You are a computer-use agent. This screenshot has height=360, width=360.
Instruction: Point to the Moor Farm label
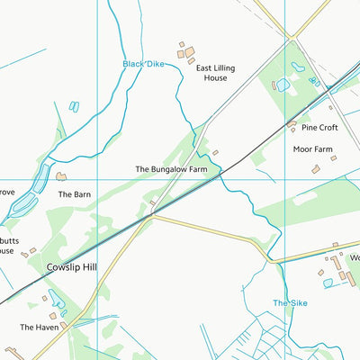click(312, 148)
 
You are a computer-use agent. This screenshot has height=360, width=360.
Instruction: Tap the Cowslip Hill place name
click(73, 267)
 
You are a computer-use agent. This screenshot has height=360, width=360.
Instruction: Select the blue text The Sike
click(290, 303)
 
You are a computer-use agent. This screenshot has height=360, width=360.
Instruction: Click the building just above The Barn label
click(61, 177)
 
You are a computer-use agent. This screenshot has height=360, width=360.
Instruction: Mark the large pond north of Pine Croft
click(283, 85)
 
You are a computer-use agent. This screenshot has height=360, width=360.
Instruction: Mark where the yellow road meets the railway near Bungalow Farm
click(152, 215)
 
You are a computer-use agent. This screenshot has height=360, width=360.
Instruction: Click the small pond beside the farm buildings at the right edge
click(328, 283)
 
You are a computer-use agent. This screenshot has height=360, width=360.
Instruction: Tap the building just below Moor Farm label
click(316, 169)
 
